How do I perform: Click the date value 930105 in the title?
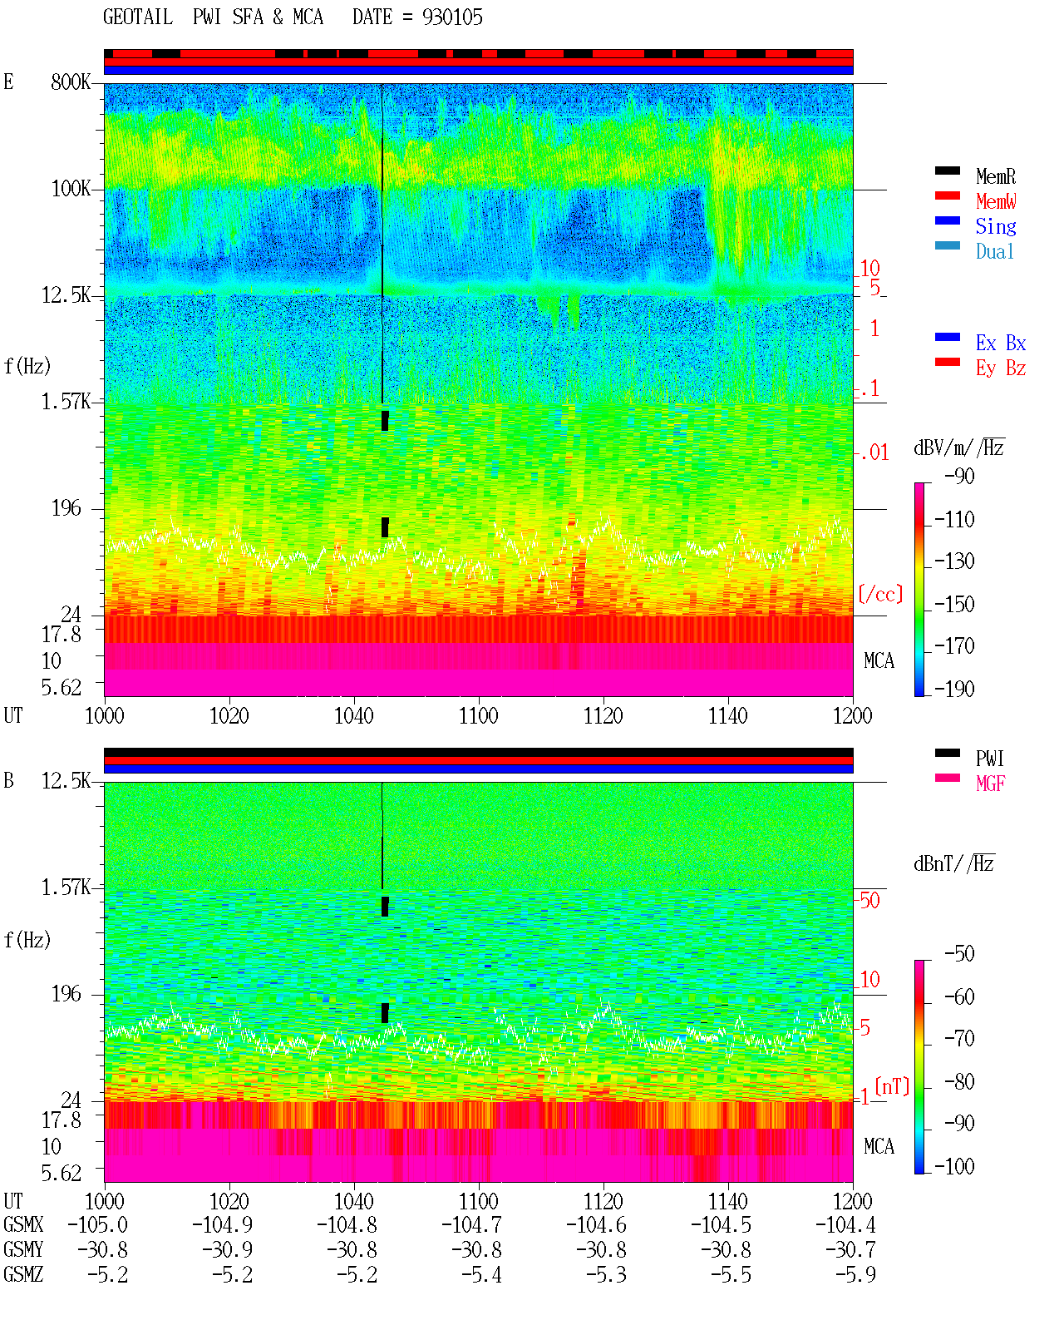pyautogui.click(x=452, y=17)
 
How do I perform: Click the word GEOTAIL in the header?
pyautogui.click(x=138, y=17)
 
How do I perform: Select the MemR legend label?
pyautogui.click(x=995, y=176)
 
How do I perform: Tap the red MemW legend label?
pyautogui.click(x=995, y=201)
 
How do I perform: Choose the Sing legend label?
pyautogui.click(x=995, y=226)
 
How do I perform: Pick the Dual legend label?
pyautogui.click(x=994, y=251)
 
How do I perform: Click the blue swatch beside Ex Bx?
pyautogui.click(x=947, y=337)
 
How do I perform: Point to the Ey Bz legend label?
pyautogui.click(x=1000, y=368)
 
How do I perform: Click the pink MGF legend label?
pyautogui.click(x=990, y=784)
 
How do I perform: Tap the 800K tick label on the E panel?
pyautogui.click(x=70, y=82)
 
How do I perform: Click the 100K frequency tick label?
pyautogui.click(x=70, y=189)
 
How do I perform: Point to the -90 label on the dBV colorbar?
pyautogui.click(x=959, y=476)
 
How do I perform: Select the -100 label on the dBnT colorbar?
pyautogui.click(x=953, y=1166)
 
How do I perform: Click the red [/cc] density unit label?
pyautogui.click(x=880, y=594)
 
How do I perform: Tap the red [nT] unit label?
pyautogui.click(x=892, y=1087)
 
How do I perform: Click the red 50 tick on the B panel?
pyautogui.click(x=869, y=900)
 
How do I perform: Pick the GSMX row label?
pyautogui.click(x=23, y=1224)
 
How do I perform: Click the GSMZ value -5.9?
pyautogui.click(x=855, y=1274)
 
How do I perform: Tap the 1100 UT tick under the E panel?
pyautogui.click(x=478, y=716)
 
